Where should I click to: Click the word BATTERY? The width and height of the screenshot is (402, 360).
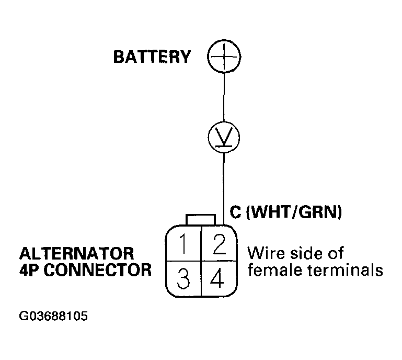(x=152, y=57)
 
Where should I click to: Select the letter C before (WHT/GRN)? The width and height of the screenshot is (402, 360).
(x=235, y=212)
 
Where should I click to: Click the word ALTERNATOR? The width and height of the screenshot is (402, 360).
(x=77, y=254)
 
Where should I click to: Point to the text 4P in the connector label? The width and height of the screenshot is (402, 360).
(x=30, y=271)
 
